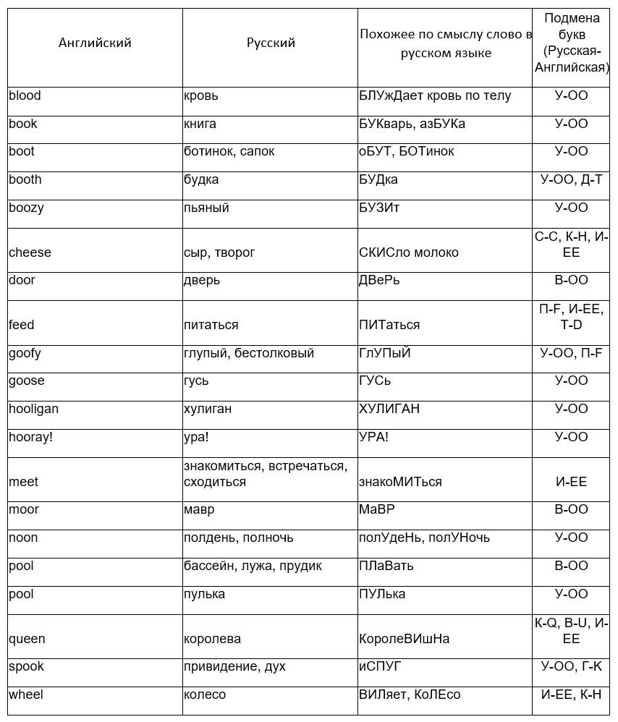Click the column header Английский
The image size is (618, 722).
pos(95,43)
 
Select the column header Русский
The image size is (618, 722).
pos(271,43)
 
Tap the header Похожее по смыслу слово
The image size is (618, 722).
pos(445,43)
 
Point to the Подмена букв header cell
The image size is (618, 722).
pos(572,43)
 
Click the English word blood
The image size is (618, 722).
pos(25,95)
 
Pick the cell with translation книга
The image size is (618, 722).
pos(200,124)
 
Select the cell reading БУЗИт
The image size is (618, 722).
pos(379,208)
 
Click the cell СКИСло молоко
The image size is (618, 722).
pos(409,252)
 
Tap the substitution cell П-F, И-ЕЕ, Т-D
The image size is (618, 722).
pos(571,317)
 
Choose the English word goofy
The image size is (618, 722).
pos(25,353)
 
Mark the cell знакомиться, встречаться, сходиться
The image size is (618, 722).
pos(266,474)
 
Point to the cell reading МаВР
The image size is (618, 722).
pos(377,509)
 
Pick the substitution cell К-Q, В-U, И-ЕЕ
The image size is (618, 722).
pos(571,631)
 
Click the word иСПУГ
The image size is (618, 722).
pos(380,666)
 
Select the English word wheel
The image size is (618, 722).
pos(26,695)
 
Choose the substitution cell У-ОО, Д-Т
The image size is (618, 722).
pos(571,179)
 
